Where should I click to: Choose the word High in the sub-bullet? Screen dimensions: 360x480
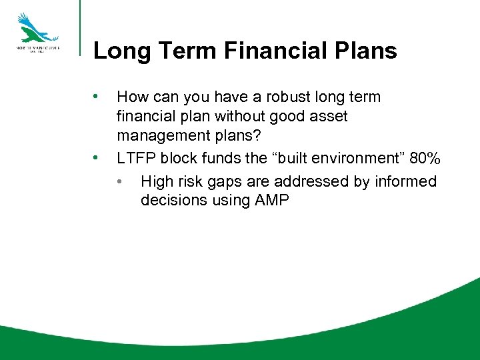tap(158, 181)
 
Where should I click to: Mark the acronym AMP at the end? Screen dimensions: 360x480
tap(272, 201)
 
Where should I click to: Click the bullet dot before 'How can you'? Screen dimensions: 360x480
tap(97, 96)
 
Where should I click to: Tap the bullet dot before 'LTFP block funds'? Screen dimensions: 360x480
tap(97, 159)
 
